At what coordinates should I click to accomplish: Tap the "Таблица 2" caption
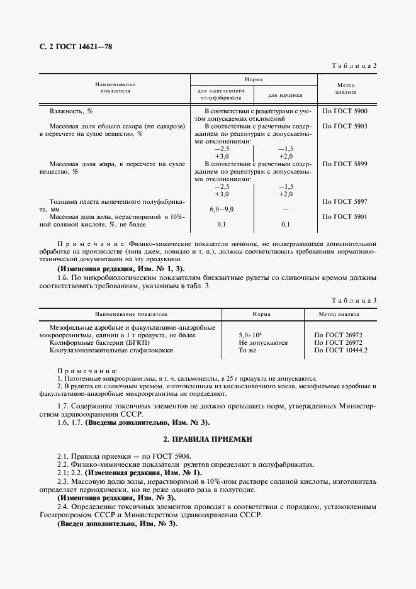click(354, 66)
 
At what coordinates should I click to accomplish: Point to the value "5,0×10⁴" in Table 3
click(250, 335)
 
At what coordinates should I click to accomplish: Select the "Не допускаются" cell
click(263, 343)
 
